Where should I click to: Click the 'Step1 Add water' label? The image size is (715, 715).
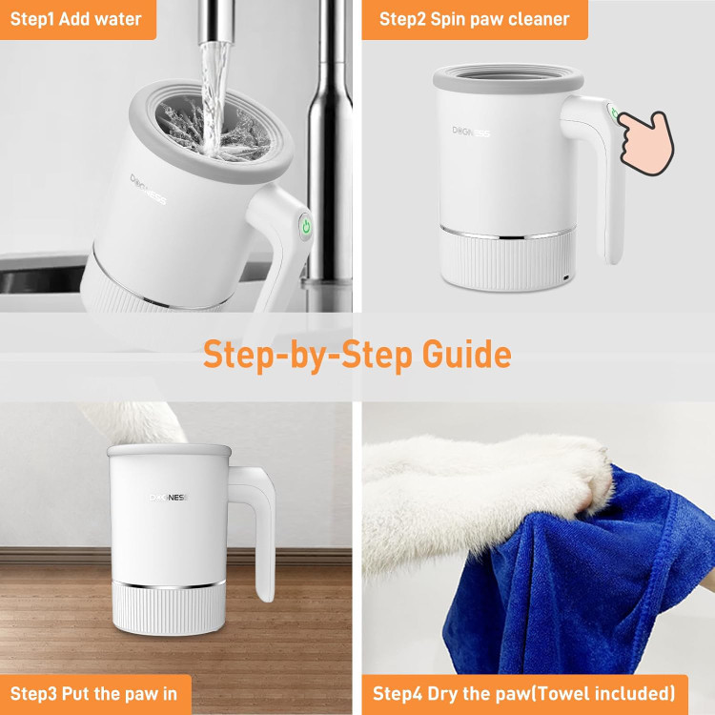click(75, 19)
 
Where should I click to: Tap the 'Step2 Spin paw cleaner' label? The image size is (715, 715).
click(474, 19)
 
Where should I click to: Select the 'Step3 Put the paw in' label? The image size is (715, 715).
click(93, 694)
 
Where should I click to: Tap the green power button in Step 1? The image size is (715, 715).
click(306, 226)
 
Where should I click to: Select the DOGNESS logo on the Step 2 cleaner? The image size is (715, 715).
click(471, 132)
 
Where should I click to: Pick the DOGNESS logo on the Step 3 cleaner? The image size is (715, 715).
click(168, 497)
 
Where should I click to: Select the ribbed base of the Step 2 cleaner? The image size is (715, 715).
click(508, 260)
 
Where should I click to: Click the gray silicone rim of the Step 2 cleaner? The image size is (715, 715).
click(508, 78)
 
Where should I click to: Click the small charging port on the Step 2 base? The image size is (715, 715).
click(566, 277)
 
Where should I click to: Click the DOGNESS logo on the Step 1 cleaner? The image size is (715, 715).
click(148, 190)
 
